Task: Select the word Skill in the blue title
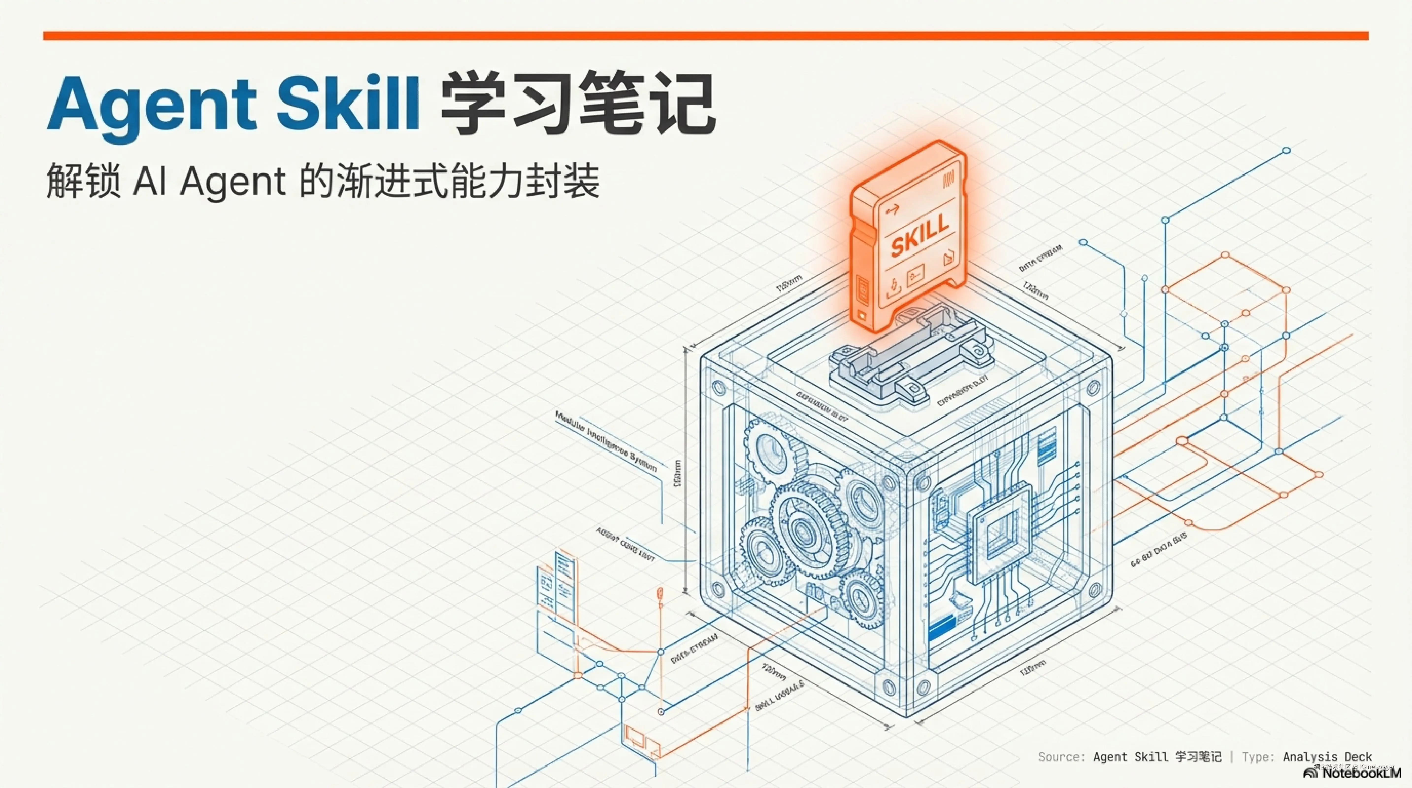click(348, 104)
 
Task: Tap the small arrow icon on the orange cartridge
click(892, 209)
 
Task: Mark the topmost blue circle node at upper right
click(1286, 150)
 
